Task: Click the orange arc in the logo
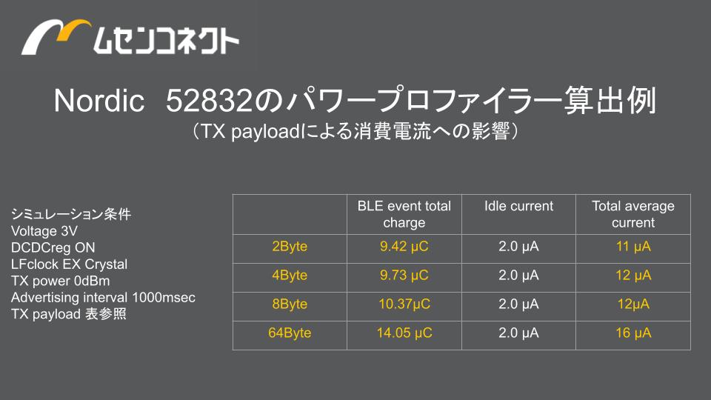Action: coord(73,26)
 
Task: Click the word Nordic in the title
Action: coord(99,100)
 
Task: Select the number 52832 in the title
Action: coord(209,100)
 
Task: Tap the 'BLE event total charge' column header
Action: coord(404,214)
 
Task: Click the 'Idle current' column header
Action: coord(518,206)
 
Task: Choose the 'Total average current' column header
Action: coord(633,214)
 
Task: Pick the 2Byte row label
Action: coord(290,247)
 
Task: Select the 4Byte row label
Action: coord(290,276)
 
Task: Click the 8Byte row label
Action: coord(290,304)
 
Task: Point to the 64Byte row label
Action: coord(290,333)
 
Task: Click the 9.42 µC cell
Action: coord(404,247)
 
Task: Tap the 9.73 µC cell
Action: coord(404,276)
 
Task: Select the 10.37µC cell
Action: coord(404,304)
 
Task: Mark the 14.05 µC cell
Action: coord(404,333)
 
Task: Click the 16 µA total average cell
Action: coord(633,333)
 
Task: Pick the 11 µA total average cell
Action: coord(633,247)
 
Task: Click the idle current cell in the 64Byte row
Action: coord(518,333)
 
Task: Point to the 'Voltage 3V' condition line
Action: coord(44,231)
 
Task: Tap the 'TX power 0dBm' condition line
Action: coord(60,281)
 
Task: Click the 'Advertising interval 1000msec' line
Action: coord(104,298)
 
